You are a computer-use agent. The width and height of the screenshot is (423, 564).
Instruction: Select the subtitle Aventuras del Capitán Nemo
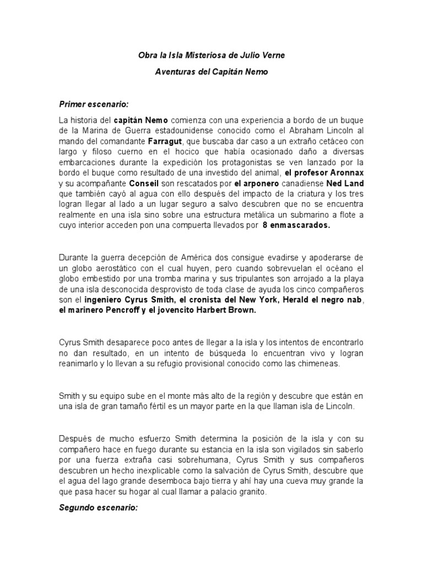tap(211, 72)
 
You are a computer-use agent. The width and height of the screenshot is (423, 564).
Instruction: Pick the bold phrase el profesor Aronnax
tap(324, 173)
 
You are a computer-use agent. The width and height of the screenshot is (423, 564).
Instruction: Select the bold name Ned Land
tap(345, 184)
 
